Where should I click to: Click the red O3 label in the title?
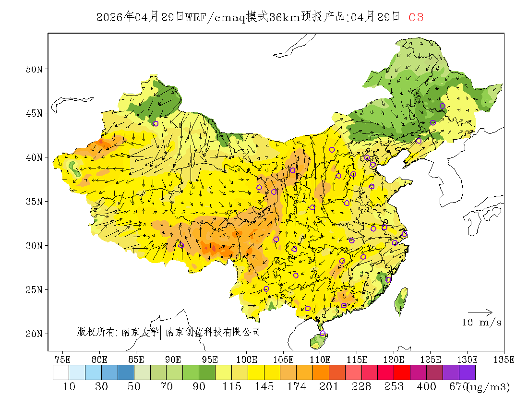(416, 18)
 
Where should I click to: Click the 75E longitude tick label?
(62, 359)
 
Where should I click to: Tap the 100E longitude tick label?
(246, 359)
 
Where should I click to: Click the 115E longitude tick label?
(357, 359)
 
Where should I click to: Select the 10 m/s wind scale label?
(481, 323)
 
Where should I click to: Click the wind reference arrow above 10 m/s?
(480, 312)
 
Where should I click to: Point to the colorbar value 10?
(69, 387)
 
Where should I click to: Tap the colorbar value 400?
(427, 387)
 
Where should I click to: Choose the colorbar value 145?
(264, 387)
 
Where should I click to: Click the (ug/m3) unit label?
(488, 387)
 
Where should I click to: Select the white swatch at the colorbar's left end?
(61, 373)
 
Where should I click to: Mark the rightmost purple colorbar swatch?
(467, 373)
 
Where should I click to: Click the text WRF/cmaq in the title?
(215, 18)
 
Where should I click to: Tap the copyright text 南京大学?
(140, 332)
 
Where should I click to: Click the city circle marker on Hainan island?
(323, 334)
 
